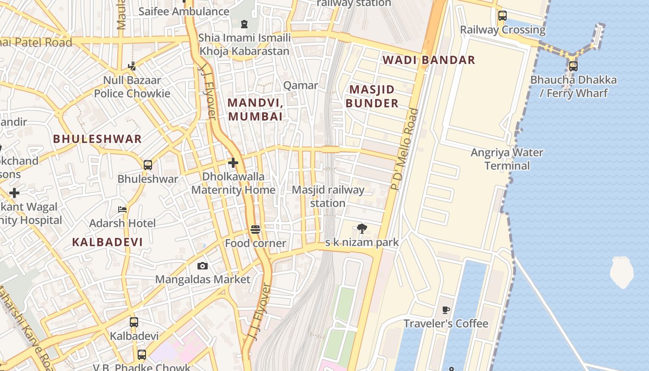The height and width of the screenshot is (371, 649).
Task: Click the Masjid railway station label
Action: click(328, 197)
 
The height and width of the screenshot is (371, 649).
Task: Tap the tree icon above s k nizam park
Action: click(362, 228)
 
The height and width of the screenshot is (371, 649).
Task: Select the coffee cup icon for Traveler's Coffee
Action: click(446, 310)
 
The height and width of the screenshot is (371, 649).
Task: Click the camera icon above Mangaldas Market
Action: click(203, 266)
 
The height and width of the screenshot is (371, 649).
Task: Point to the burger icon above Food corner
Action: click(255, 230)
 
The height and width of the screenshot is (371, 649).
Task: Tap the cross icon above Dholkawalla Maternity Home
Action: click(233, 163)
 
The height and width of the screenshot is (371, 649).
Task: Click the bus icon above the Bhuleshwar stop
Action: click(148, 165)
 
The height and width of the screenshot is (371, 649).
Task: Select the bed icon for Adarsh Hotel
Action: click(122, 210)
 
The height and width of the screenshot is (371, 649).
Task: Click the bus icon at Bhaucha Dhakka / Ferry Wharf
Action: click(573, 66)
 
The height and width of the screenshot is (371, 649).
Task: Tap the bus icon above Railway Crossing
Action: click(503, 16)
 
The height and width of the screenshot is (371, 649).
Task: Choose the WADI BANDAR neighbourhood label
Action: click(429, 60)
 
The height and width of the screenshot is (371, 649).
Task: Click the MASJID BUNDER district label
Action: click(372, 96)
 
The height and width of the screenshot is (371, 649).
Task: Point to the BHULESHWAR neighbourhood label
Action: click(97, 139)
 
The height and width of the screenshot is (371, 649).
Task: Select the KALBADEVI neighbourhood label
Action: click(108, 242)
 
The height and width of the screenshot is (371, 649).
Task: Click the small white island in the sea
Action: click(621, 272)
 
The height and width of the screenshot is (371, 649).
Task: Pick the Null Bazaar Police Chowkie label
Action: click(132, 87)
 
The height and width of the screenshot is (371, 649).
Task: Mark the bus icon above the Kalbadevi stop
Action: click(134, 322)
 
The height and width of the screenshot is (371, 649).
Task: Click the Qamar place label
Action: click(300, 85)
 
